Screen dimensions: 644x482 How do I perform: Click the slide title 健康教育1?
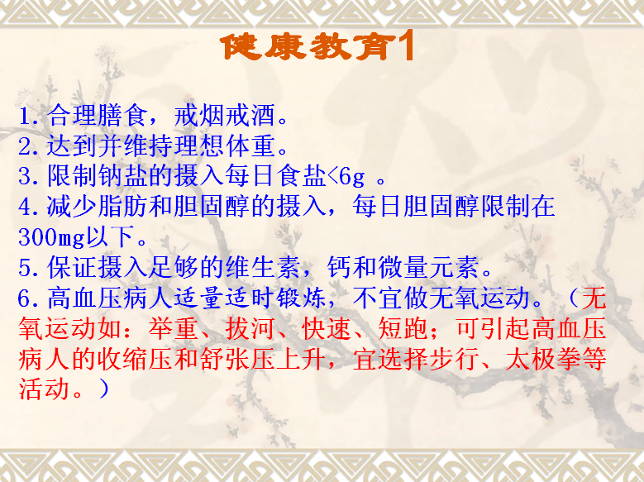pyautogui.click(x=317, y=47)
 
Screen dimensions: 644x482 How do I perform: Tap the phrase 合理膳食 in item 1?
pyautogui.click(x=97, y=116)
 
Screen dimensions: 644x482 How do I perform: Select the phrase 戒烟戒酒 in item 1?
pyautogui.click(x=224, y=116)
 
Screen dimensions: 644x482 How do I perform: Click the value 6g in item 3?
pyautogui.click(x=352, y=177)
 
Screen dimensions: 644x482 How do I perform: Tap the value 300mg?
pyautogui.click(x=51, y=237)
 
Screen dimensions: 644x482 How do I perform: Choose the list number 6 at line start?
pyautogui.click(x=24, y=298)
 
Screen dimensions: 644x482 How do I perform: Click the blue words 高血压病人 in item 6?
pyautogui.click(x=109, y=298)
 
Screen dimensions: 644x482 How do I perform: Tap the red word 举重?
pyautogui.click(x=174, y=329)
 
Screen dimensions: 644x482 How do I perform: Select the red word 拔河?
pyautogui.click(x=250, y=329)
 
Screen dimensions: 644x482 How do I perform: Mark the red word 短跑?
pyautogui.click(x=403, y=329)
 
